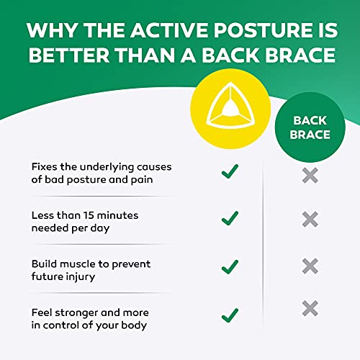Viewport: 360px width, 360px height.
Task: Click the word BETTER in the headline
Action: click(71, 55)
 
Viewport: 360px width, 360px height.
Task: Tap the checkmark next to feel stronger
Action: click(229, 314)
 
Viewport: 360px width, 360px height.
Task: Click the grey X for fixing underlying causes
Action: click(310, 174)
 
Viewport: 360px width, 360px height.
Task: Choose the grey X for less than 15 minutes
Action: click(310, 219)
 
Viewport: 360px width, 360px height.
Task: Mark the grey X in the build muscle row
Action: click(310, 265)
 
